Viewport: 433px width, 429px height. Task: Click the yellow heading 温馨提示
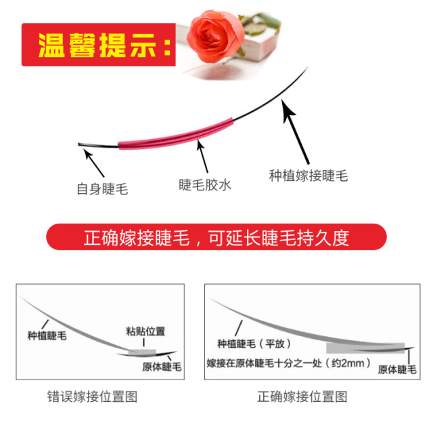[104, 45]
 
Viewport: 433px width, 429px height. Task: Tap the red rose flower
[215, 36]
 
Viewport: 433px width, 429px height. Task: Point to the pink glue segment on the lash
[176, 134]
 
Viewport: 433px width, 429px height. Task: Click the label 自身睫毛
[102, 189]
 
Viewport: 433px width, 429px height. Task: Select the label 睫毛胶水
[204, 185]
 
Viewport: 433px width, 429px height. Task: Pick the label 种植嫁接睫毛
[309, 176]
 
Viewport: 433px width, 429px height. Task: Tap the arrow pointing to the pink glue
[202, 156]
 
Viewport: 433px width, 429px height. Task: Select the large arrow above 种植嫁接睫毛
[295, 131]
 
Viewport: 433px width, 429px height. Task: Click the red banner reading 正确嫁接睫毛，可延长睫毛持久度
[216, 237]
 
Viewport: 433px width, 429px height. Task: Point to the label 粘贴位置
[145, 331]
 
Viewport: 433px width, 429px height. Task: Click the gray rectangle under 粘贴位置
[142, 352]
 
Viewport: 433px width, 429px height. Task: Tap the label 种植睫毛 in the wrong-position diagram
[47, 335]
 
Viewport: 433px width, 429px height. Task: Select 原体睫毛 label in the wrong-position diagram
[162, 367]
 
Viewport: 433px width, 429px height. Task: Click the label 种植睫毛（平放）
[254, 344]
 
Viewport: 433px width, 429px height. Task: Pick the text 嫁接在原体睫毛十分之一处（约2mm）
[289, 363]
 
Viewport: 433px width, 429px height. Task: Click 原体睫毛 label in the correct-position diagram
[397, 369]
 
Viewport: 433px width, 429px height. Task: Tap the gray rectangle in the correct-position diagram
[365, 348]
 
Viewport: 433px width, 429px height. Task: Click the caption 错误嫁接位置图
[92, 396]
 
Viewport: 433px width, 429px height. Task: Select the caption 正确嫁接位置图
[302, 396]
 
